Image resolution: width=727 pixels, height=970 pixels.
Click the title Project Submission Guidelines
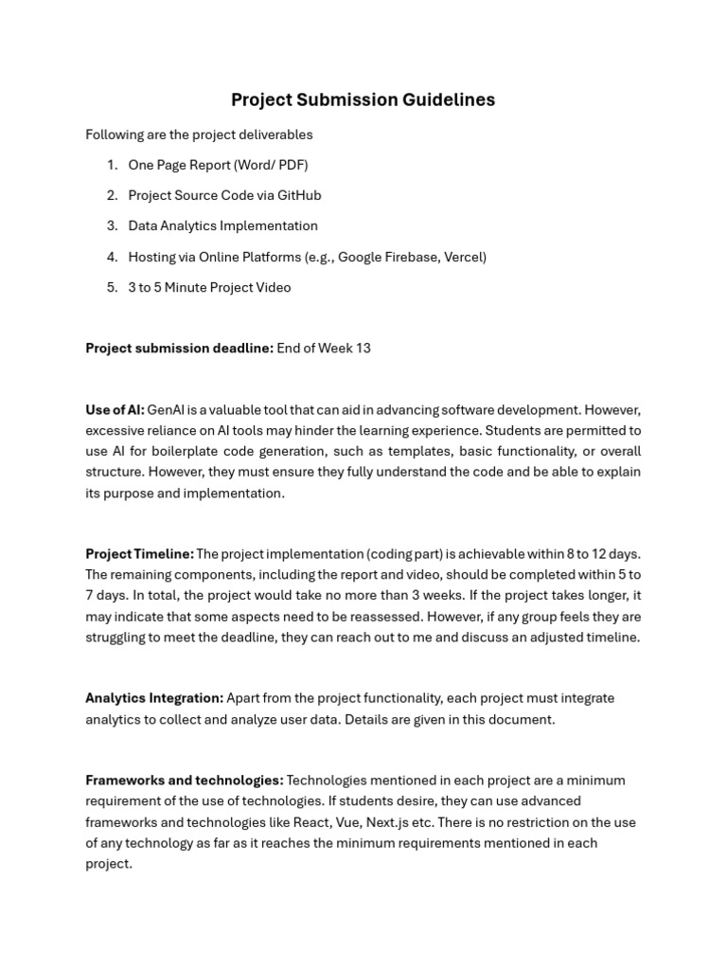point(363,100)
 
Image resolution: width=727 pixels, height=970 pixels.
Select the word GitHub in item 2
point(299,195)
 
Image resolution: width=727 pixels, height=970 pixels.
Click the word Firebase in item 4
point(411,257)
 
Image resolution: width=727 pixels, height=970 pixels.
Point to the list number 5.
point(112,287)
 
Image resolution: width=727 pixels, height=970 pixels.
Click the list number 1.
point(112,165)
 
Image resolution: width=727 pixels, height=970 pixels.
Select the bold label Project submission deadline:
point(179,349)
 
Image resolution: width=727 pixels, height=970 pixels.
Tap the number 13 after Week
point(363,349)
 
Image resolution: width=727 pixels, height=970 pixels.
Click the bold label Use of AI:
point(115,410)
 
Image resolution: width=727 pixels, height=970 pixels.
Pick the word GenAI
point(167,410)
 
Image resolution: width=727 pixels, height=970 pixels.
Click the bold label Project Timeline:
point(139,554)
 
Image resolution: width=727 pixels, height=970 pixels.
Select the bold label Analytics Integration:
point(154,698)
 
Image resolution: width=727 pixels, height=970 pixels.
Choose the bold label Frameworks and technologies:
point(184,781)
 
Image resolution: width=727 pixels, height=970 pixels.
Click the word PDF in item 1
point(291,165)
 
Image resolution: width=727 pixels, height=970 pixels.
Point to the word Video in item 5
point(273,287)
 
